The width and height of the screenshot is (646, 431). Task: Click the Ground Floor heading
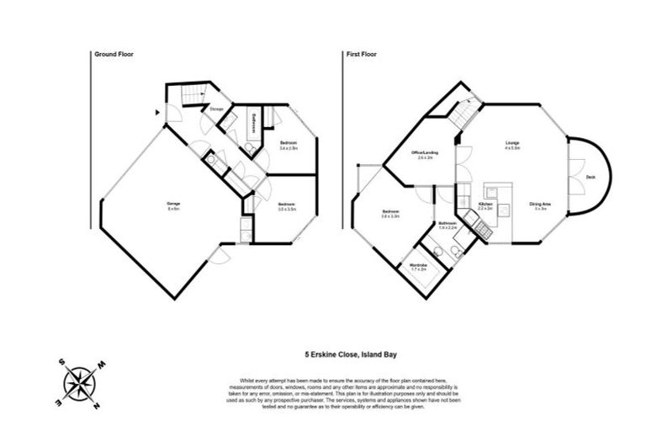(114, 54)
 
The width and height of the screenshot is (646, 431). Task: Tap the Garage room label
(173, 205)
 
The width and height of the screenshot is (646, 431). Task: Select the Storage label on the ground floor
(217, 109)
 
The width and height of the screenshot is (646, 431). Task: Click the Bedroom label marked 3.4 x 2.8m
(289, 146)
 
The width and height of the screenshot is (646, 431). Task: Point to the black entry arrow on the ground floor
(156, 110)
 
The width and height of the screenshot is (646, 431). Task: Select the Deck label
(591, 178)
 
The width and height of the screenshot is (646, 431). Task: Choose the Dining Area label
(539, 205)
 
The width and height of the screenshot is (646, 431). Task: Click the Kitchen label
(485, 205)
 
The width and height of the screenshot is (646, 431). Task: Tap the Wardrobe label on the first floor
(418, 267)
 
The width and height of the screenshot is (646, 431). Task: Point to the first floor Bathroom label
(447, 225)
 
